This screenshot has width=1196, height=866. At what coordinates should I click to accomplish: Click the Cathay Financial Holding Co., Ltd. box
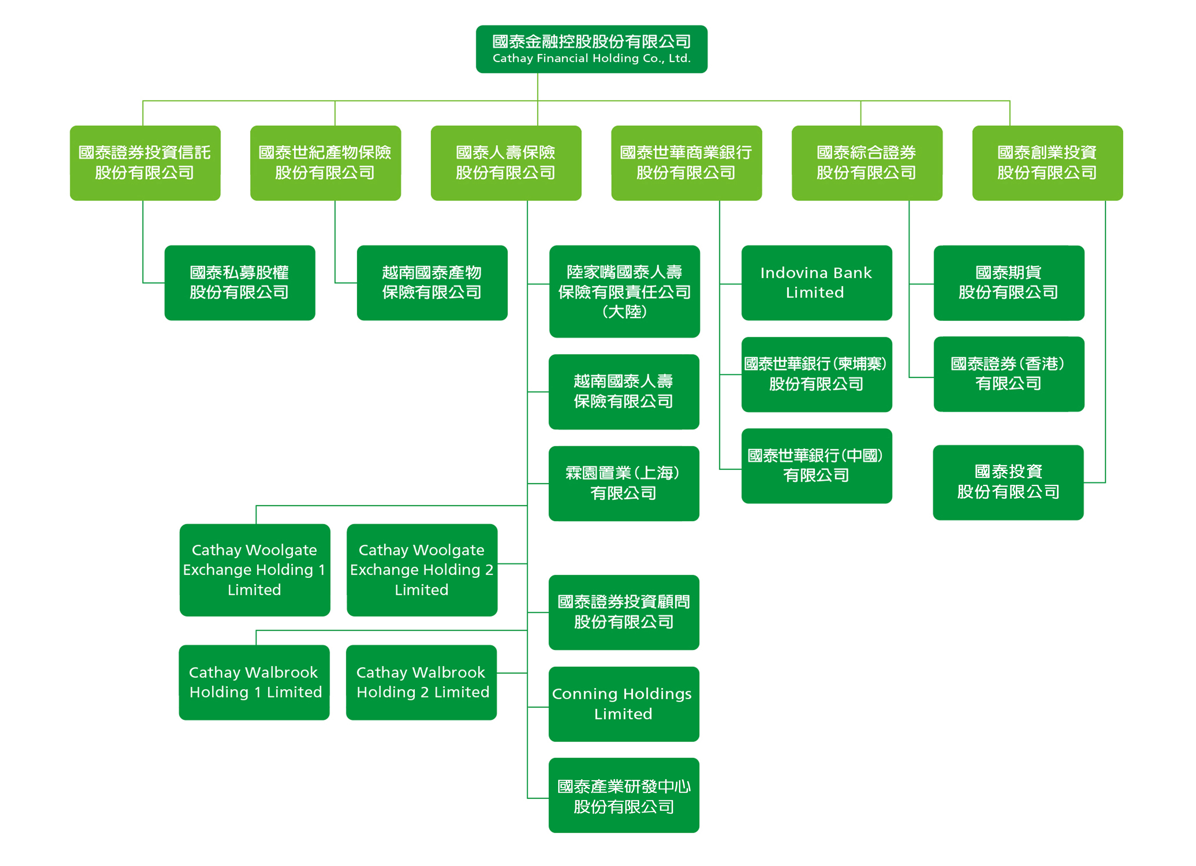click(x=591, y=49)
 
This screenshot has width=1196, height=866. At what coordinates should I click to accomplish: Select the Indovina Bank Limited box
click(x=816, y=283)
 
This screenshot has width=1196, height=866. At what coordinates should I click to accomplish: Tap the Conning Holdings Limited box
click(x=623, y=704)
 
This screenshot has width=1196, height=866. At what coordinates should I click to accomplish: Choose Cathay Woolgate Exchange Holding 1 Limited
click(x=255, y=570)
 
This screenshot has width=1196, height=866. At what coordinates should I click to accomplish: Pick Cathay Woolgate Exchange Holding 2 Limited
click(x=422, y=570)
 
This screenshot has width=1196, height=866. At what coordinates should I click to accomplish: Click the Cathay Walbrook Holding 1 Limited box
click(x=254, y=682)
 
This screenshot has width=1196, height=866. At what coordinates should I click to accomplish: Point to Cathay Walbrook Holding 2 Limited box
click(x=421, y=682)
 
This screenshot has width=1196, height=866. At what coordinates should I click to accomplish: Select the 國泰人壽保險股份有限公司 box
click(x=506, y=162)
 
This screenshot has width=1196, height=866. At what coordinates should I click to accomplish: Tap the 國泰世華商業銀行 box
click(x=686, y=162)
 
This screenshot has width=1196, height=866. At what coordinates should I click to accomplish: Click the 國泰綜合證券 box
click(x=866, y=162)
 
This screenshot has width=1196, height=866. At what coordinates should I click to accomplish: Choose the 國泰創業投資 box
click(x=1047, y=162)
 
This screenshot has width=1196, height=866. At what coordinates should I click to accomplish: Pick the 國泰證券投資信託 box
click(x=145, y=162)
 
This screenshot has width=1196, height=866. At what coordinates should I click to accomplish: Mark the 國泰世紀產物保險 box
click(x=325, y=162)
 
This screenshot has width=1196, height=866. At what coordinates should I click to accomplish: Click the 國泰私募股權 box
click(x=239, y=283)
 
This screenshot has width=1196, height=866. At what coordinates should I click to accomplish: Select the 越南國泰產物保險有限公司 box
click(x=432, y=283)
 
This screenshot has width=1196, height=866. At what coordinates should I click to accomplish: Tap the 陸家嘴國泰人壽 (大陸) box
click(x=625, y=291)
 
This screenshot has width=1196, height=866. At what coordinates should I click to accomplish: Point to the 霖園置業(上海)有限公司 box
click(x=623, y=483)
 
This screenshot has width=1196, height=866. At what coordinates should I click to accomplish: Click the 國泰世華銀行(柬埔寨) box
click(x=816, y=374)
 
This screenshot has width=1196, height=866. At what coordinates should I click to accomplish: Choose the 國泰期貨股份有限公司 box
click(x=1009, y=283)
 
